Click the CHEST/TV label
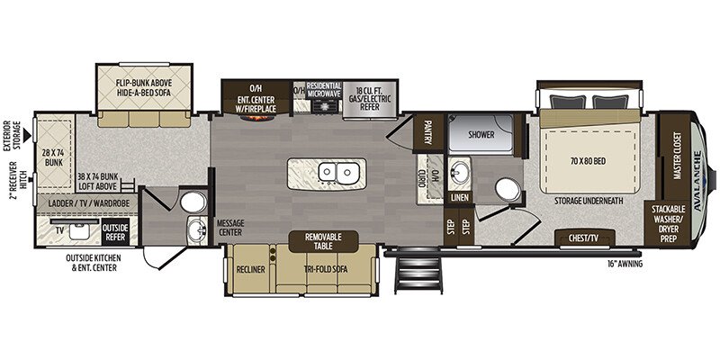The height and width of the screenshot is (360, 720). pyautogui.click(x=584, y=238)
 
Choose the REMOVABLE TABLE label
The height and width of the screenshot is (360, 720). pyautogui.click(x=323, y=240)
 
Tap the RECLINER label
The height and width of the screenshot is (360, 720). pyautogui.click(x=249, y=268)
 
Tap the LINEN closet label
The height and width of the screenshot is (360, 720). pyautogui.click(x=459, y=196)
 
